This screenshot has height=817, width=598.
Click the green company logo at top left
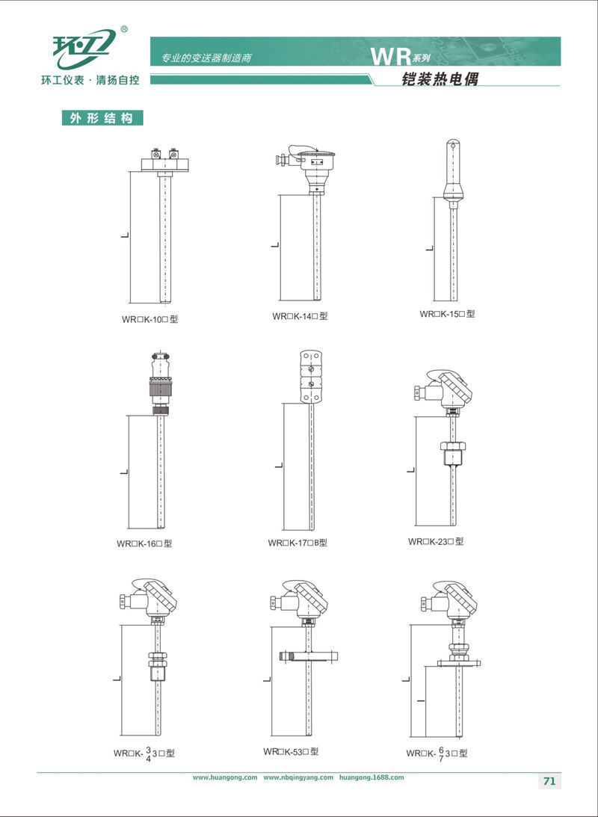[82, 49]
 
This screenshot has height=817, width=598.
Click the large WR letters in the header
[388, 57]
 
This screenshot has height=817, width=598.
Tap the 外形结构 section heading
[102, 118]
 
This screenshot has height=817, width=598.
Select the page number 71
[549, 781]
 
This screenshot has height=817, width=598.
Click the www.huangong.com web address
[225, 777]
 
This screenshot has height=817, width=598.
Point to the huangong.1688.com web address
[371, 777]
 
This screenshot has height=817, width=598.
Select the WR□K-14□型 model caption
[300, 316]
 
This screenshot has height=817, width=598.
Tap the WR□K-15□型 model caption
[448, 314]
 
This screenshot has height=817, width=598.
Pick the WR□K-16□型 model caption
[144, 543]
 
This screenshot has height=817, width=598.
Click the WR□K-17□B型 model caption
[298, 543]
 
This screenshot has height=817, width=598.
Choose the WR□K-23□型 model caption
[436, 541]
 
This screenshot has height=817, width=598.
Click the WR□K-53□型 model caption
[291, 751]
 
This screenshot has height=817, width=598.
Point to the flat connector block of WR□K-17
[311, 376]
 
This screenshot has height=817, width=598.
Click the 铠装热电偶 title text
[440, 78]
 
